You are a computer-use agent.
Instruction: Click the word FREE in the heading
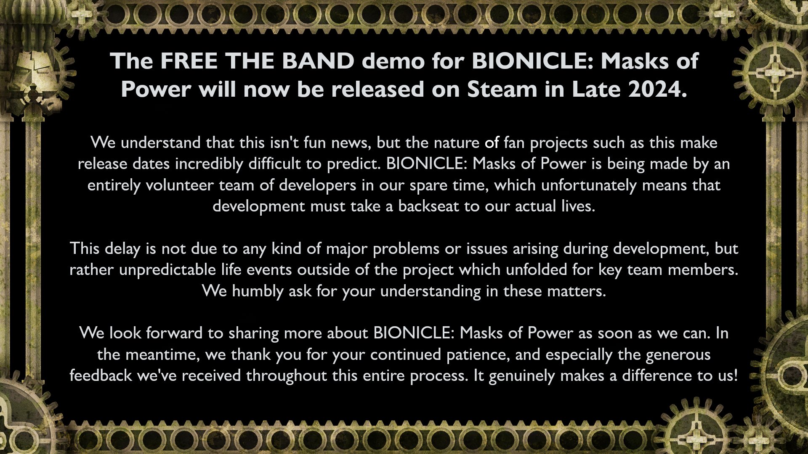coord(189,61)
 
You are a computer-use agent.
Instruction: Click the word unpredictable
coord(167,270)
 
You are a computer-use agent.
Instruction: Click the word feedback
coord(101,375)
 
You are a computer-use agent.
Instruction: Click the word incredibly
coord(209,164)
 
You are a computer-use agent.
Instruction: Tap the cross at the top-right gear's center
coord(773,72)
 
